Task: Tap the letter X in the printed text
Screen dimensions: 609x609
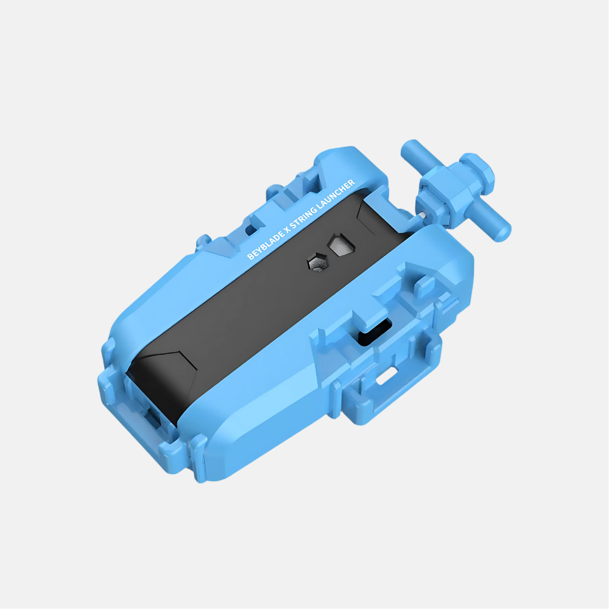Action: (x=289, y=226)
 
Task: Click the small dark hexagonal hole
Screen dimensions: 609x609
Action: (x=318, y=262)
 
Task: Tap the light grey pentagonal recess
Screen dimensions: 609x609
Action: (x=341, y=245)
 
